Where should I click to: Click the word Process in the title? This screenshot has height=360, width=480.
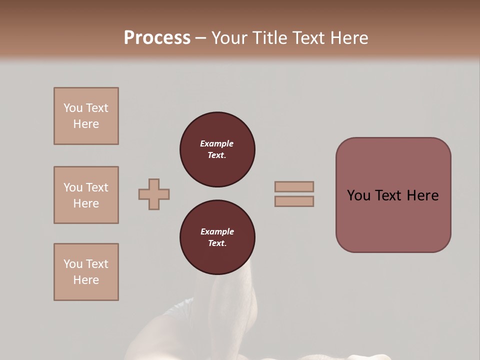point(157,38)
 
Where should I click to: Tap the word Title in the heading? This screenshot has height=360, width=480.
point(270,38)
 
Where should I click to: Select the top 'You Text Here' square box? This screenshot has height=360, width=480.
point(86,116)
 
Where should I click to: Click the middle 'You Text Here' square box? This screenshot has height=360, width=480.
point(86,195)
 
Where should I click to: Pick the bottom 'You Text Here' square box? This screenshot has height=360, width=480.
point(86,272)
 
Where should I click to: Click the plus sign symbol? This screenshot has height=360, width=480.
point(154,194)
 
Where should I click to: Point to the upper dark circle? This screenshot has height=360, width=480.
point(217,149)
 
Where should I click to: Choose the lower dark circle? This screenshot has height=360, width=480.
point(217,237)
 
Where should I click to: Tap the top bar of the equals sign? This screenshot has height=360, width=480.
point(294,187)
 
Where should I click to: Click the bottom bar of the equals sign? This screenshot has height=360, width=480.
point(294,201)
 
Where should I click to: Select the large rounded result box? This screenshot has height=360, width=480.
point(393,195)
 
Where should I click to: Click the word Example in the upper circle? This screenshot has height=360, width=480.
point(217,143)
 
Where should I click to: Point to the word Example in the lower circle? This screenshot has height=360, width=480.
point(217,231)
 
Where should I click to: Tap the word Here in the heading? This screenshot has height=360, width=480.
point(350,38)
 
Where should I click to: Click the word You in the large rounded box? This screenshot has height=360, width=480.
point(358,195)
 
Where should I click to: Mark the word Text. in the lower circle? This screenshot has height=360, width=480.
point(217,243)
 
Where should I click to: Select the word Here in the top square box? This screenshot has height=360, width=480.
point(86,124)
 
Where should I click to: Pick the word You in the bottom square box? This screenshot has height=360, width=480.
point(73,264)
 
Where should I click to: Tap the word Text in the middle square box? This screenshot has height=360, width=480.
point(96,187)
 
